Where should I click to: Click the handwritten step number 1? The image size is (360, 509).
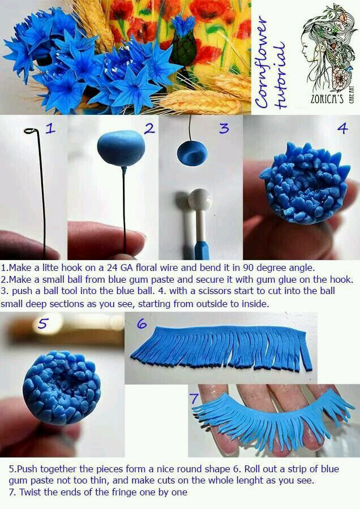[50, 128]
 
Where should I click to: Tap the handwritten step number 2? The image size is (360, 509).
[149, 129]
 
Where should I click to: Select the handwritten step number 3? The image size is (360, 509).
[224, 128]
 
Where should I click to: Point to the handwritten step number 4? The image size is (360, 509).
[342, 128]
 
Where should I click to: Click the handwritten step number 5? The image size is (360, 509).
[43, 323]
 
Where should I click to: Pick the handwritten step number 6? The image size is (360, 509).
[142, 323]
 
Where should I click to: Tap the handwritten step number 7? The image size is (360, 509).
[194, 398]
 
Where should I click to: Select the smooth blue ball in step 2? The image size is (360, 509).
[121, 148]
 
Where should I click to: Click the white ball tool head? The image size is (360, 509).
[199, 200]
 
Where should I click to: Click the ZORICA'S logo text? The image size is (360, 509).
[327, 98]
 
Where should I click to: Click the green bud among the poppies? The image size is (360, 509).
[183, 49]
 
